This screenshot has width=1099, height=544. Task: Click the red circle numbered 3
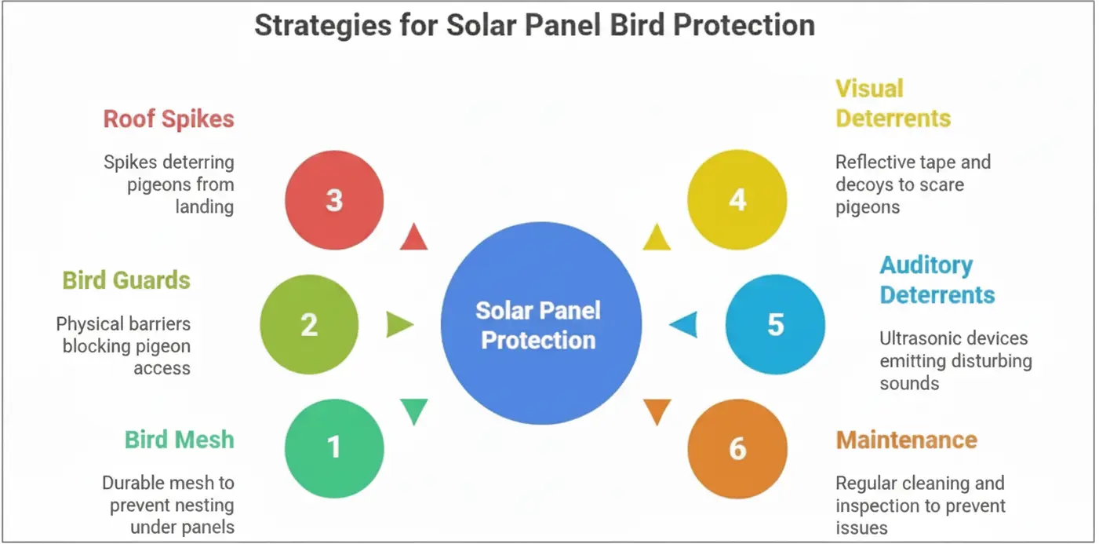click(x=334, y=200)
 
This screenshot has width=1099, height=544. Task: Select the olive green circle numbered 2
click(x=309, y=324)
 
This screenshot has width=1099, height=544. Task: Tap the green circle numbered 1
click(x=334, y=448)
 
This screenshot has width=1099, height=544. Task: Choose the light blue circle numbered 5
click(x=775, y=324)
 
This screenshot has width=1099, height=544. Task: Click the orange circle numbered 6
click(x=737, y=448)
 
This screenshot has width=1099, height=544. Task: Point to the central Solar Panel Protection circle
click(x=540, y=324)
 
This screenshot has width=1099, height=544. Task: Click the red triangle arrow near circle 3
click(x=413, y=238)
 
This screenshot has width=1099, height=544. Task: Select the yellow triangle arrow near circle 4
click(x=657, y=238)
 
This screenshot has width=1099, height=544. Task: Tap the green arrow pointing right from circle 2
click(x=398, y=324)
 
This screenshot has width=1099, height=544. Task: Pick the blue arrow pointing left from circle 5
click(x=684, y=324)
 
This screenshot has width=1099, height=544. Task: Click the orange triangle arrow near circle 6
click(x=657, y=411)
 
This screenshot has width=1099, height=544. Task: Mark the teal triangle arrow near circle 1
click(x=413, y=411)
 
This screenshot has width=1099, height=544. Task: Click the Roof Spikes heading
click(x=169, y=119)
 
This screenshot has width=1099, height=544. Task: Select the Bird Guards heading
click(x=126, y=280)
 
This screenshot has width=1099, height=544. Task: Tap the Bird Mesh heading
click(x=179, y=439)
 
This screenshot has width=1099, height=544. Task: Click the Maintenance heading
click(x=906, y=439)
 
